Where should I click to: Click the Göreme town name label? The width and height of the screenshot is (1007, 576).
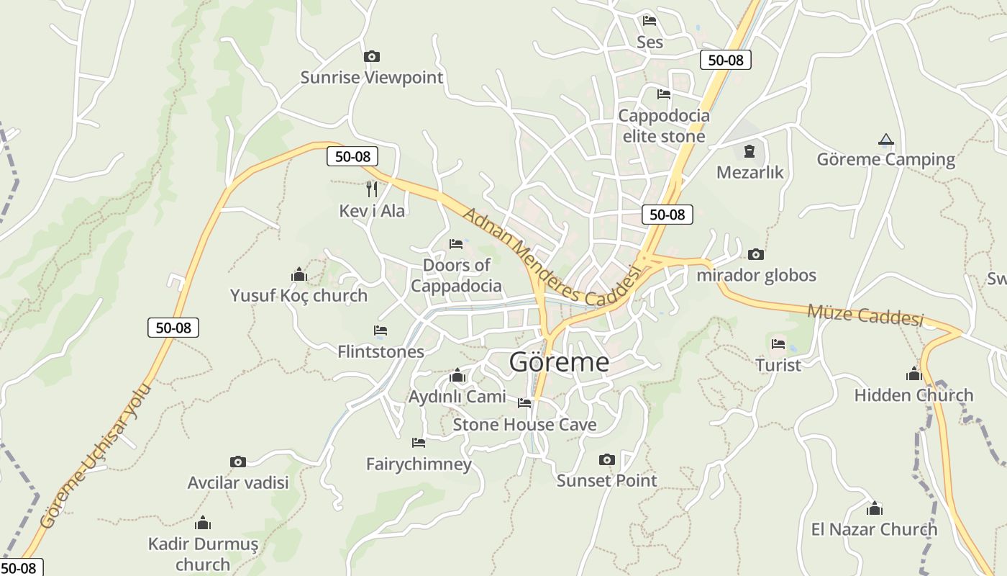point(559,362)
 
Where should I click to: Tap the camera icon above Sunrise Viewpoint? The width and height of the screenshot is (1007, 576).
point(371,56)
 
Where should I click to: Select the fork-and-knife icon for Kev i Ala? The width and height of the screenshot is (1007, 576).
point(372,189)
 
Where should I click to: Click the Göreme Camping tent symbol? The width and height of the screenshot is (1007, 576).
point(885,139)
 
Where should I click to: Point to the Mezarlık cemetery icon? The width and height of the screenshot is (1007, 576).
point(749,152)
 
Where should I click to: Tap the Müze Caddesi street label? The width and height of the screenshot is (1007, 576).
point(865,315)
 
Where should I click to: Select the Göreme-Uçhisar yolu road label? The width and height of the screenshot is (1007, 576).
point(95,456)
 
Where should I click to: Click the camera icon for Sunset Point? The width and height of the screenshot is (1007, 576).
point(606,459)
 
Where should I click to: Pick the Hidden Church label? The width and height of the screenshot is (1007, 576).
point(913,395)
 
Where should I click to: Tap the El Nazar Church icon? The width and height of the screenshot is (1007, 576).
point(874,509)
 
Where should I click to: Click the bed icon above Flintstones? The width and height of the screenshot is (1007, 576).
point(381,330)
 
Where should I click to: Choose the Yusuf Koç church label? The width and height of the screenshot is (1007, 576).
point(299,295)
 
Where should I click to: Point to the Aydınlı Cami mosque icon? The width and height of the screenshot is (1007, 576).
point(457,376)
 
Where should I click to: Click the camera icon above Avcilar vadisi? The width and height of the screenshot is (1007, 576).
point(237,462)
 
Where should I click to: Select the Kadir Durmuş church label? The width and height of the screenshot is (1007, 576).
point(203,553)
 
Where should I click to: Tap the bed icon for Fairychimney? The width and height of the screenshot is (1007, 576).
point(418,442)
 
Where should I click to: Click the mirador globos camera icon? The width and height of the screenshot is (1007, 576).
point(755,254)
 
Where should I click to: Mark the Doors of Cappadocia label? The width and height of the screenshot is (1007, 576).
point(456,275)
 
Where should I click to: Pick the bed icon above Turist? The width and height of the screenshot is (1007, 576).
point(778,344)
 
